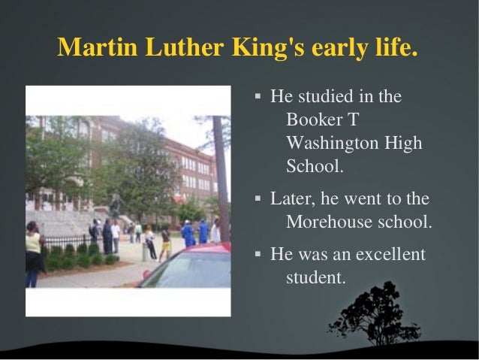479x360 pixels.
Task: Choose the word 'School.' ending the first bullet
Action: point(315,166)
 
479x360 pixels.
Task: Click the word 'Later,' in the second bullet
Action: point(292,199)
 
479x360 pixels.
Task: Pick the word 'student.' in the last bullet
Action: point(316,277)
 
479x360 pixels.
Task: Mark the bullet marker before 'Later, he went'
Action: point(258,200)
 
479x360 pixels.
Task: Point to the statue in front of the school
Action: point(115,204)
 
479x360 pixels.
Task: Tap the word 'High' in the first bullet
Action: point(403,143)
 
